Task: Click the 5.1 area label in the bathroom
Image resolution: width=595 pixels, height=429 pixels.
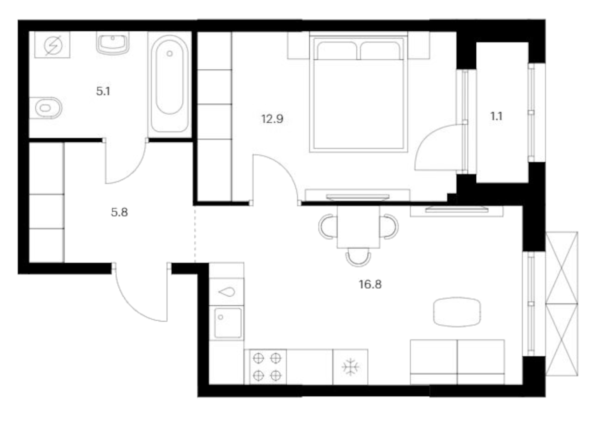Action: coord(103,91)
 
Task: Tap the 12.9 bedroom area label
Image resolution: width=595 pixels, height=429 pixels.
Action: coord(272,119)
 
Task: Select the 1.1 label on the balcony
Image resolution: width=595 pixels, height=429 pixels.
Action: coord(496,116)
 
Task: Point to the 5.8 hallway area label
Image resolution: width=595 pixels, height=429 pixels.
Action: coord(119,212)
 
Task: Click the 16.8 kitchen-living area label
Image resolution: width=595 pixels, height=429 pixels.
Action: coord(370,284)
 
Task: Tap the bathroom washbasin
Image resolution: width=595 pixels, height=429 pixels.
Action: coord(113,43)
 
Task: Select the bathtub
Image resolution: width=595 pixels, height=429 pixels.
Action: coord(170,84)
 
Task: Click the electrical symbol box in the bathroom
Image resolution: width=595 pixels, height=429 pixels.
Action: coord(53,45)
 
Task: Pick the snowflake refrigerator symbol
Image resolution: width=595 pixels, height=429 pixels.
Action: coord(350,367)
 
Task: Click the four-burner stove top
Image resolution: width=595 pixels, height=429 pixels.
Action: coord(267,367)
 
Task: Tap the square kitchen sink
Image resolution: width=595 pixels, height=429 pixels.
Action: coord(227,323)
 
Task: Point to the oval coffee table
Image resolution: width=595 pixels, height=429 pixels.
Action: coord(457,312)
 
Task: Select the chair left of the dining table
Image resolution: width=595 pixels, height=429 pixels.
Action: coord(328,227)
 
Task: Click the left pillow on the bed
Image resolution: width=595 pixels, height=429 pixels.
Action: coord(337,51)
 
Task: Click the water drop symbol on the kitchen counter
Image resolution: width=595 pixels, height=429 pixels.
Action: coord(227,292)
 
